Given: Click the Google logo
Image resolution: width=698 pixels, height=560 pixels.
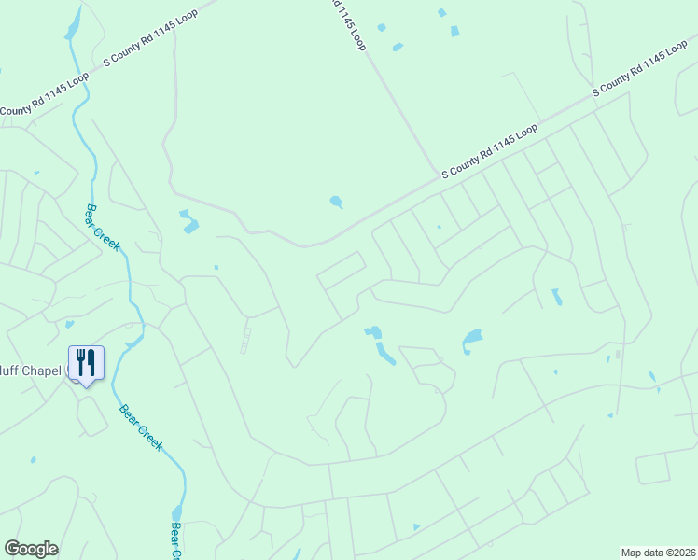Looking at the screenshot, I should [31, 549].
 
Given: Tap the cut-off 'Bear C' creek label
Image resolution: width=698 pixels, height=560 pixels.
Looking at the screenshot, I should [175, 539].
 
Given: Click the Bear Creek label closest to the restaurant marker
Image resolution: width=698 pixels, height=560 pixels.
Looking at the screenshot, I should [141, 427].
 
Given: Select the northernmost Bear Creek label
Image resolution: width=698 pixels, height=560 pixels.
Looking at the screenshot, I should [104, 228].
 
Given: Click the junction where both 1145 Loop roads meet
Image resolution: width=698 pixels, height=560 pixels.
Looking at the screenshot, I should [440, 178].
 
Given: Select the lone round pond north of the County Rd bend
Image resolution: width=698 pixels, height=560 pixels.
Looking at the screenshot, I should [335, 201].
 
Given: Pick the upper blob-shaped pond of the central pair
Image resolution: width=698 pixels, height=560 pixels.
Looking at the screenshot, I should [373, 331].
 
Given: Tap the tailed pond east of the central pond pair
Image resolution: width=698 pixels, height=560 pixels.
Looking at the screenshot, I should [471, 339].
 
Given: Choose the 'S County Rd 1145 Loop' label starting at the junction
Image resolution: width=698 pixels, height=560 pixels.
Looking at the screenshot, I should [490, 151].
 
